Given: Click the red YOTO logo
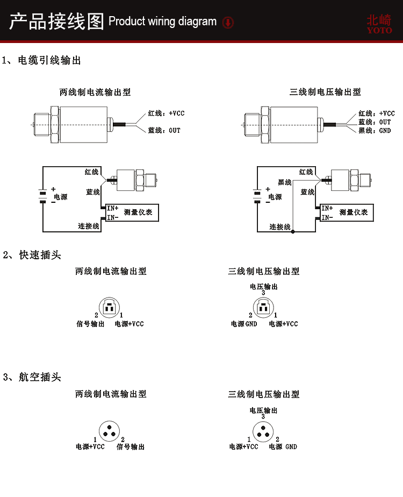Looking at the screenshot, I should pyautogui.click(x=379, y=24).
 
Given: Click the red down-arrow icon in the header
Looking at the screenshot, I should pyautogui.click(x=228, y=23).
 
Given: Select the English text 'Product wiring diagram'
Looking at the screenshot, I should pyautogui.click(x=162, y=22).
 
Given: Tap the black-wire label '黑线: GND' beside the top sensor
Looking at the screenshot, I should pyautogui.click(x=375, y=131).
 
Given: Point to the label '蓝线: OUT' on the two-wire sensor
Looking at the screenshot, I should pyautogui.click(x=164, y=130).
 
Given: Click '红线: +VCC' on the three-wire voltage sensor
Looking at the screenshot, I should pyautogui.click(x=377, y=113).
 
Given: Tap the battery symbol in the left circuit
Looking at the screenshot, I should pyautogui.click(x=41, y=197).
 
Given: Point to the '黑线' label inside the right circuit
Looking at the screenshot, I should pyautogui.click(x=285, y=182).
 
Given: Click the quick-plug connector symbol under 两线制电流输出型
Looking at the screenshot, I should pyautogui.click(x=109, y=308).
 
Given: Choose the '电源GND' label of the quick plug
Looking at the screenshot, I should pyautogui.click(x=244, y=324).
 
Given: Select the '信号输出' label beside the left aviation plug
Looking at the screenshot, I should pyautogui.click(x=131, y=446).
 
